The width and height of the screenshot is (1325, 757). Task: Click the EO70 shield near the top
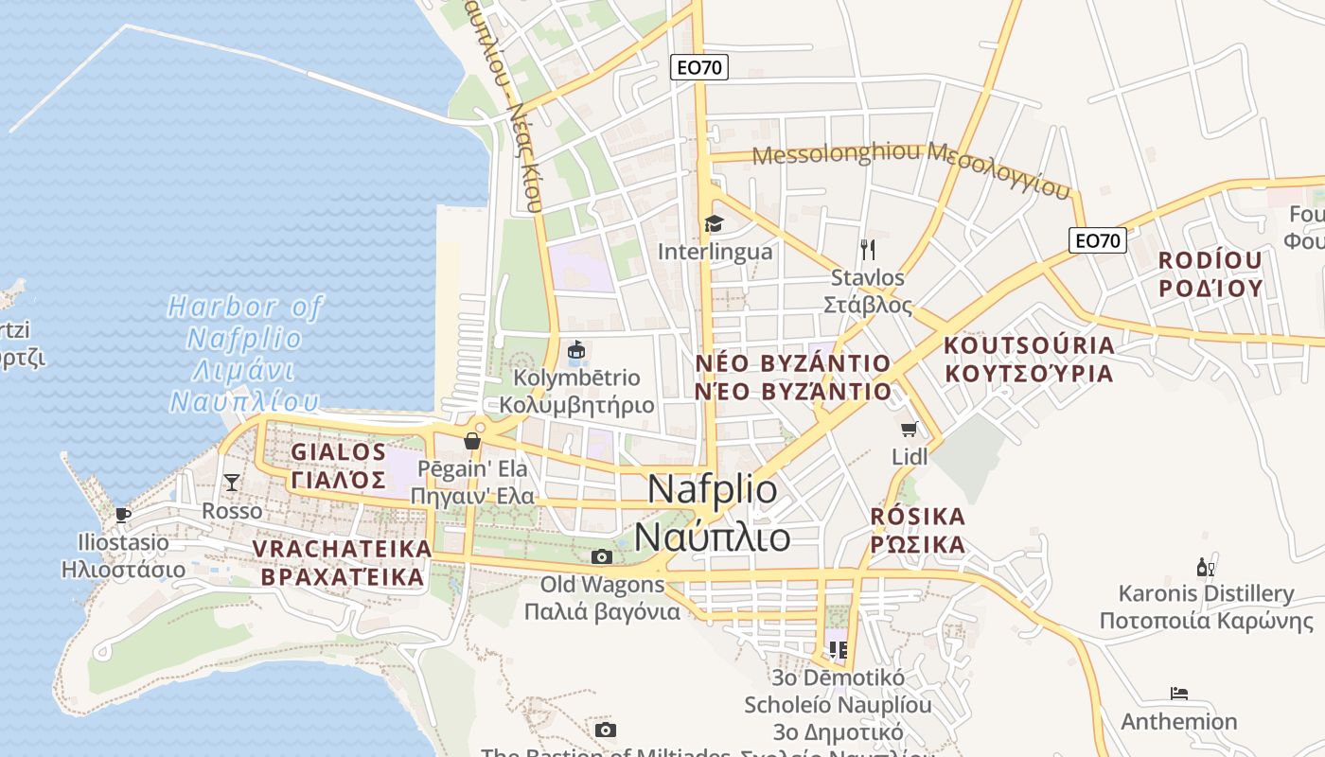pos(699,67)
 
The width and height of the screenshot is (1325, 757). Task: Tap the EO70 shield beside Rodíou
pos(1098,240)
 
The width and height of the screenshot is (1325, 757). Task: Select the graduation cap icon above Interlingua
pos(714,223)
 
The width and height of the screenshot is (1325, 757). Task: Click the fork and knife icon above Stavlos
pos(868,250)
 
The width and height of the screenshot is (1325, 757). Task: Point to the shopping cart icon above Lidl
pos(910,430)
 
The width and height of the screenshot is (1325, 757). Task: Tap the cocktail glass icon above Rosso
pos(232,483)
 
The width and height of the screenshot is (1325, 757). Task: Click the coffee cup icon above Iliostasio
pos(122,515)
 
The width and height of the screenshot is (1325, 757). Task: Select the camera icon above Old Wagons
pos(601,556)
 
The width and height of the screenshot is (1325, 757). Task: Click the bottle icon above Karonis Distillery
pos(1206,568)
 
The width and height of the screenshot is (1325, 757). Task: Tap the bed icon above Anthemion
pos(1178,694)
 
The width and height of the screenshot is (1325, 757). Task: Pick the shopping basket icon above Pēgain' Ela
pos(472,441)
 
